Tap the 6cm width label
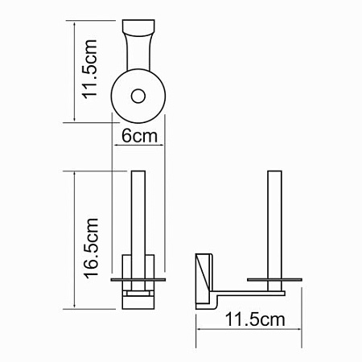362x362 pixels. tap(139, 137)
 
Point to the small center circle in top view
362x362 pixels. tap(138, 97)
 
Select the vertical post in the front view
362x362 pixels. tap(138, 213)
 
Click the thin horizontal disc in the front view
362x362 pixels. tap(138, 278)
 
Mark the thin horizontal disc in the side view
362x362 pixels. tap(274, 278)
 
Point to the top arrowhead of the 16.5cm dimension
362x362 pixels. tap(75, 175)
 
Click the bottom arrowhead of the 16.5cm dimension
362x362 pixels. tap(75, 307)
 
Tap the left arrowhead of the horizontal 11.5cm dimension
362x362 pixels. tap(200, 331)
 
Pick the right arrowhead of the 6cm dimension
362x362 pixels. tap(163, 146)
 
